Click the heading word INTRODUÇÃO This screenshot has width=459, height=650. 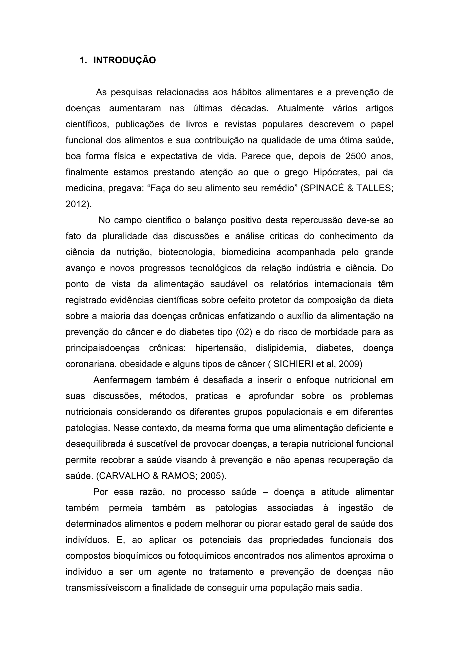(x=124, y=60)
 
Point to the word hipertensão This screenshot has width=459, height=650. (x=221, y=348)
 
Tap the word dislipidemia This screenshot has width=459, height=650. (x=281, y=348)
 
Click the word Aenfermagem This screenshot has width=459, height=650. (x=122, y=380)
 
